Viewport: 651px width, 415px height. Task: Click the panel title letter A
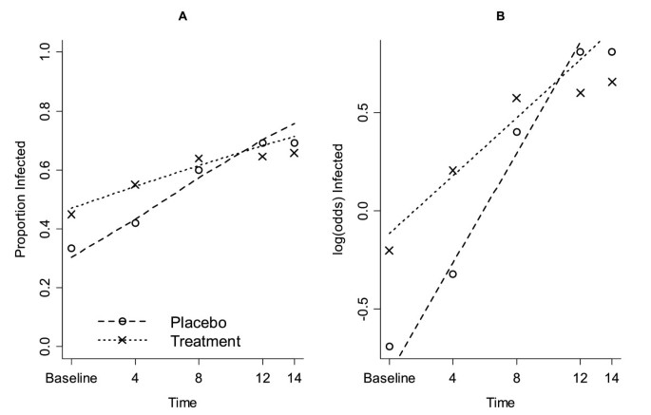[x=182, y=15]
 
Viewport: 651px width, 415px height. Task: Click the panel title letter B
[x=501, y=15]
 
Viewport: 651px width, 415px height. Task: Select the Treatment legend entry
[x=205, y=339]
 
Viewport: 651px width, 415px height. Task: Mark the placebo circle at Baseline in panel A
[x=71, y=249]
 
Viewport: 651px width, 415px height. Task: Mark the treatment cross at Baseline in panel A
[x=71, y=215]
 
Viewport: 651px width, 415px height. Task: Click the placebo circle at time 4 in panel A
[x=135, y=223]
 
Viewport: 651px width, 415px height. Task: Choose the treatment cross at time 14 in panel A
[x=294, y=153]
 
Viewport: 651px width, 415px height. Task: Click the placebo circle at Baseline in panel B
[x=390, y=347]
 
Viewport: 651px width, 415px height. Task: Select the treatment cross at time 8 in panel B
[x=517, y=98]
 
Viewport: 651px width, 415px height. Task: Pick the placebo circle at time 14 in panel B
[x=612, y=52]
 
